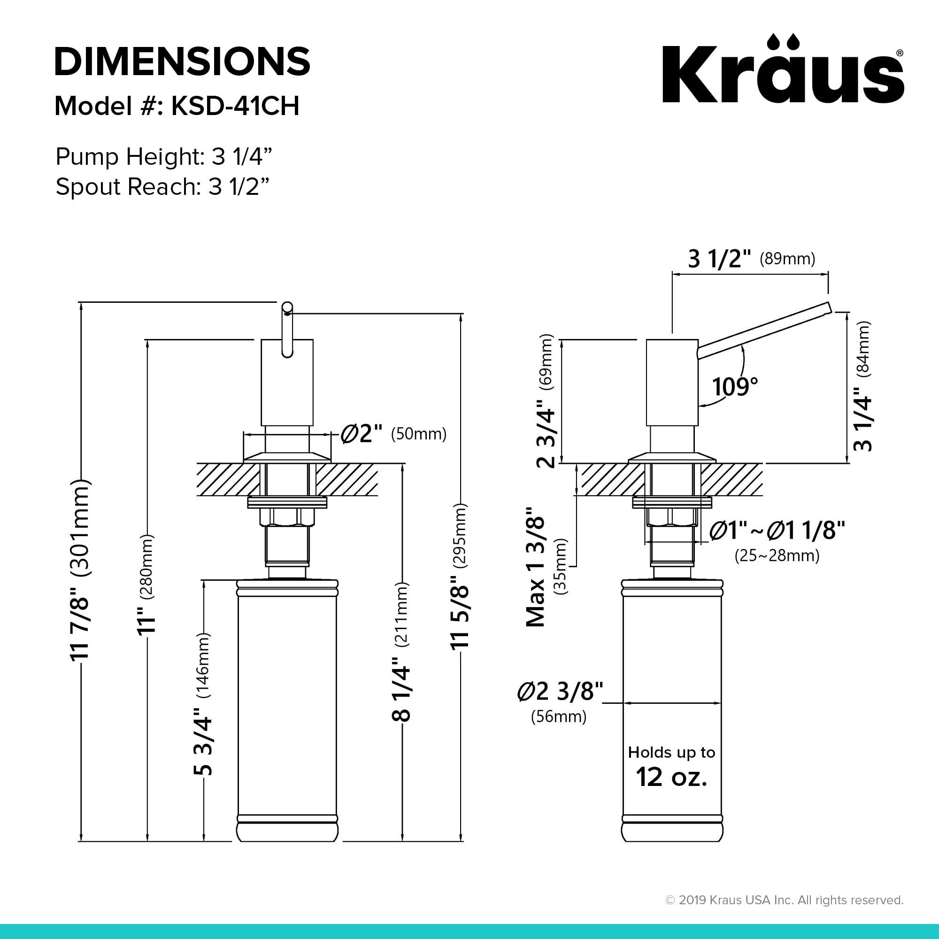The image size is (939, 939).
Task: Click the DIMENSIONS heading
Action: tap(182, 61)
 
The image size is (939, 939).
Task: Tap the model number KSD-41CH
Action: tap(235, 106)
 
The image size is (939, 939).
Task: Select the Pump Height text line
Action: tap(163, 157)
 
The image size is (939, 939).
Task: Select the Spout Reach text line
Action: tap(162, 187)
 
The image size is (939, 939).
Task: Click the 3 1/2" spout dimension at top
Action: tap(720, 259)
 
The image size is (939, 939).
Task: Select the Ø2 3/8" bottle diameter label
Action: tap(560, 691)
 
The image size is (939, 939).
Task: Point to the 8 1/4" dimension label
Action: tap(401, 690)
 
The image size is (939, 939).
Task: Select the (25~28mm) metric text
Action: tap(777, 555)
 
